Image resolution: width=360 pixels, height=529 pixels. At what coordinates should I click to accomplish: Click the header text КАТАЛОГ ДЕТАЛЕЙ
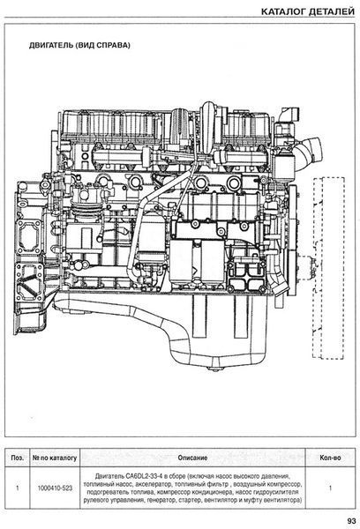coord(308,11)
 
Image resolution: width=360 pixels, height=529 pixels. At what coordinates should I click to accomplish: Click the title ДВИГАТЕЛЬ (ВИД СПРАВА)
coord(79,45)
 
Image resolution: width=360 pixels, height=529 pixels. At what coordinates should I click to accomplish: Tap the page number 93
coord(351,521)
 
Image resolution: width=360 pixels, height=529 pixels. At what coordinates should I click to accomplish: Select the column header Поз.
coord(18,458)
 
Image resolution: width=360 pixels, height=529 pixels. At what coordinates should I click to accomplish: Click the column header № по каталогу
coord(55,458)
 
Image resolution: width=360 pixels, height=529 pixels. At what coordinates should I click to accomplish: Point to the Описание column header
coord(192,458)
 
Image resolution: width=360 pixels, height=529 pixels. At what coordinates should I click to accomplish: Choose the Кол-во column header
coord(330,458)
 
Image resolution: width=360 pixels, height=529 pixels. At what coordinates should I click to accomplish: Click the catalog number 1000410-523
coord(55,488)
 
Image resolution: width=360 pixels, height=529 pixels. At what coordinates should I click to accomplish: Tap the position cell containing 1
coord(18,488)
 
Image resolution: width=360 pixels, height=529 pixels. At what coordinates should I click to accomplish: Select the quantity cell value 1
coord(330,488)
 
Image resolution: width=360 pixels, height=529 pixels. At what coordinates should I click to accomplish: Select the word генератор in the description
coord(161,500)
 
